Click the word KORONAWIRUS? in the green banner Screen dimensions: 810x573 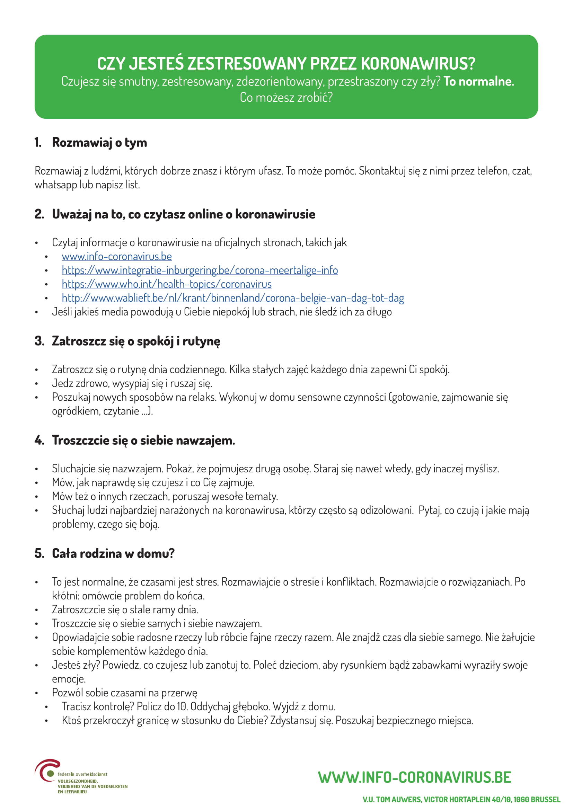[x=418, y=64]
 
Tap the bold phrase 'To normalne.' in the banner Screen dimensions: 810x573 [x=478, y=81]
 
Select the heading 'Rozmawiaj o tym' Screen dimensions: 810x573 [x=99, y=143]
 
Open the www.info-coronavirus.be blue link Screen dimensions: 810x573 [x=117, y=257]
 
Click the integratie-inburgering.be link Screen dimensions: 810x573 [x=200, y=270]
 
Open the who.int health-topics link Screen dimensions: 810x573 [x=167, y=284]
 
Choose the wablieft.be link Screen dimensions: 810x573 [x=233, y=298]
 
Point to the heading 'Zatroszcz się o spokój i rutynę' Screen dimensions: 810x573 [x=136, y=341]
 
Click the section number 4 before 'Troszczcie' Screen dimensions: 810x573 [x=39, y=440]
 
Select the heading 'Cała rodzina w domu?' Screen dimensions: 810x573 [x=113, y=553]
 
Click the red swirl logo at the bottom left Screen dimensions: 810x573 [x=46, y=770]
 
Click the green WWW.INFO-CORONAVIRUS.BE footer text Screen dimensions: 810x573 [x=414, y=777]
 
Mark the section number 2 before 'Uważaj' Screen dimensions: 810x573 [x=39, y=214]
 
